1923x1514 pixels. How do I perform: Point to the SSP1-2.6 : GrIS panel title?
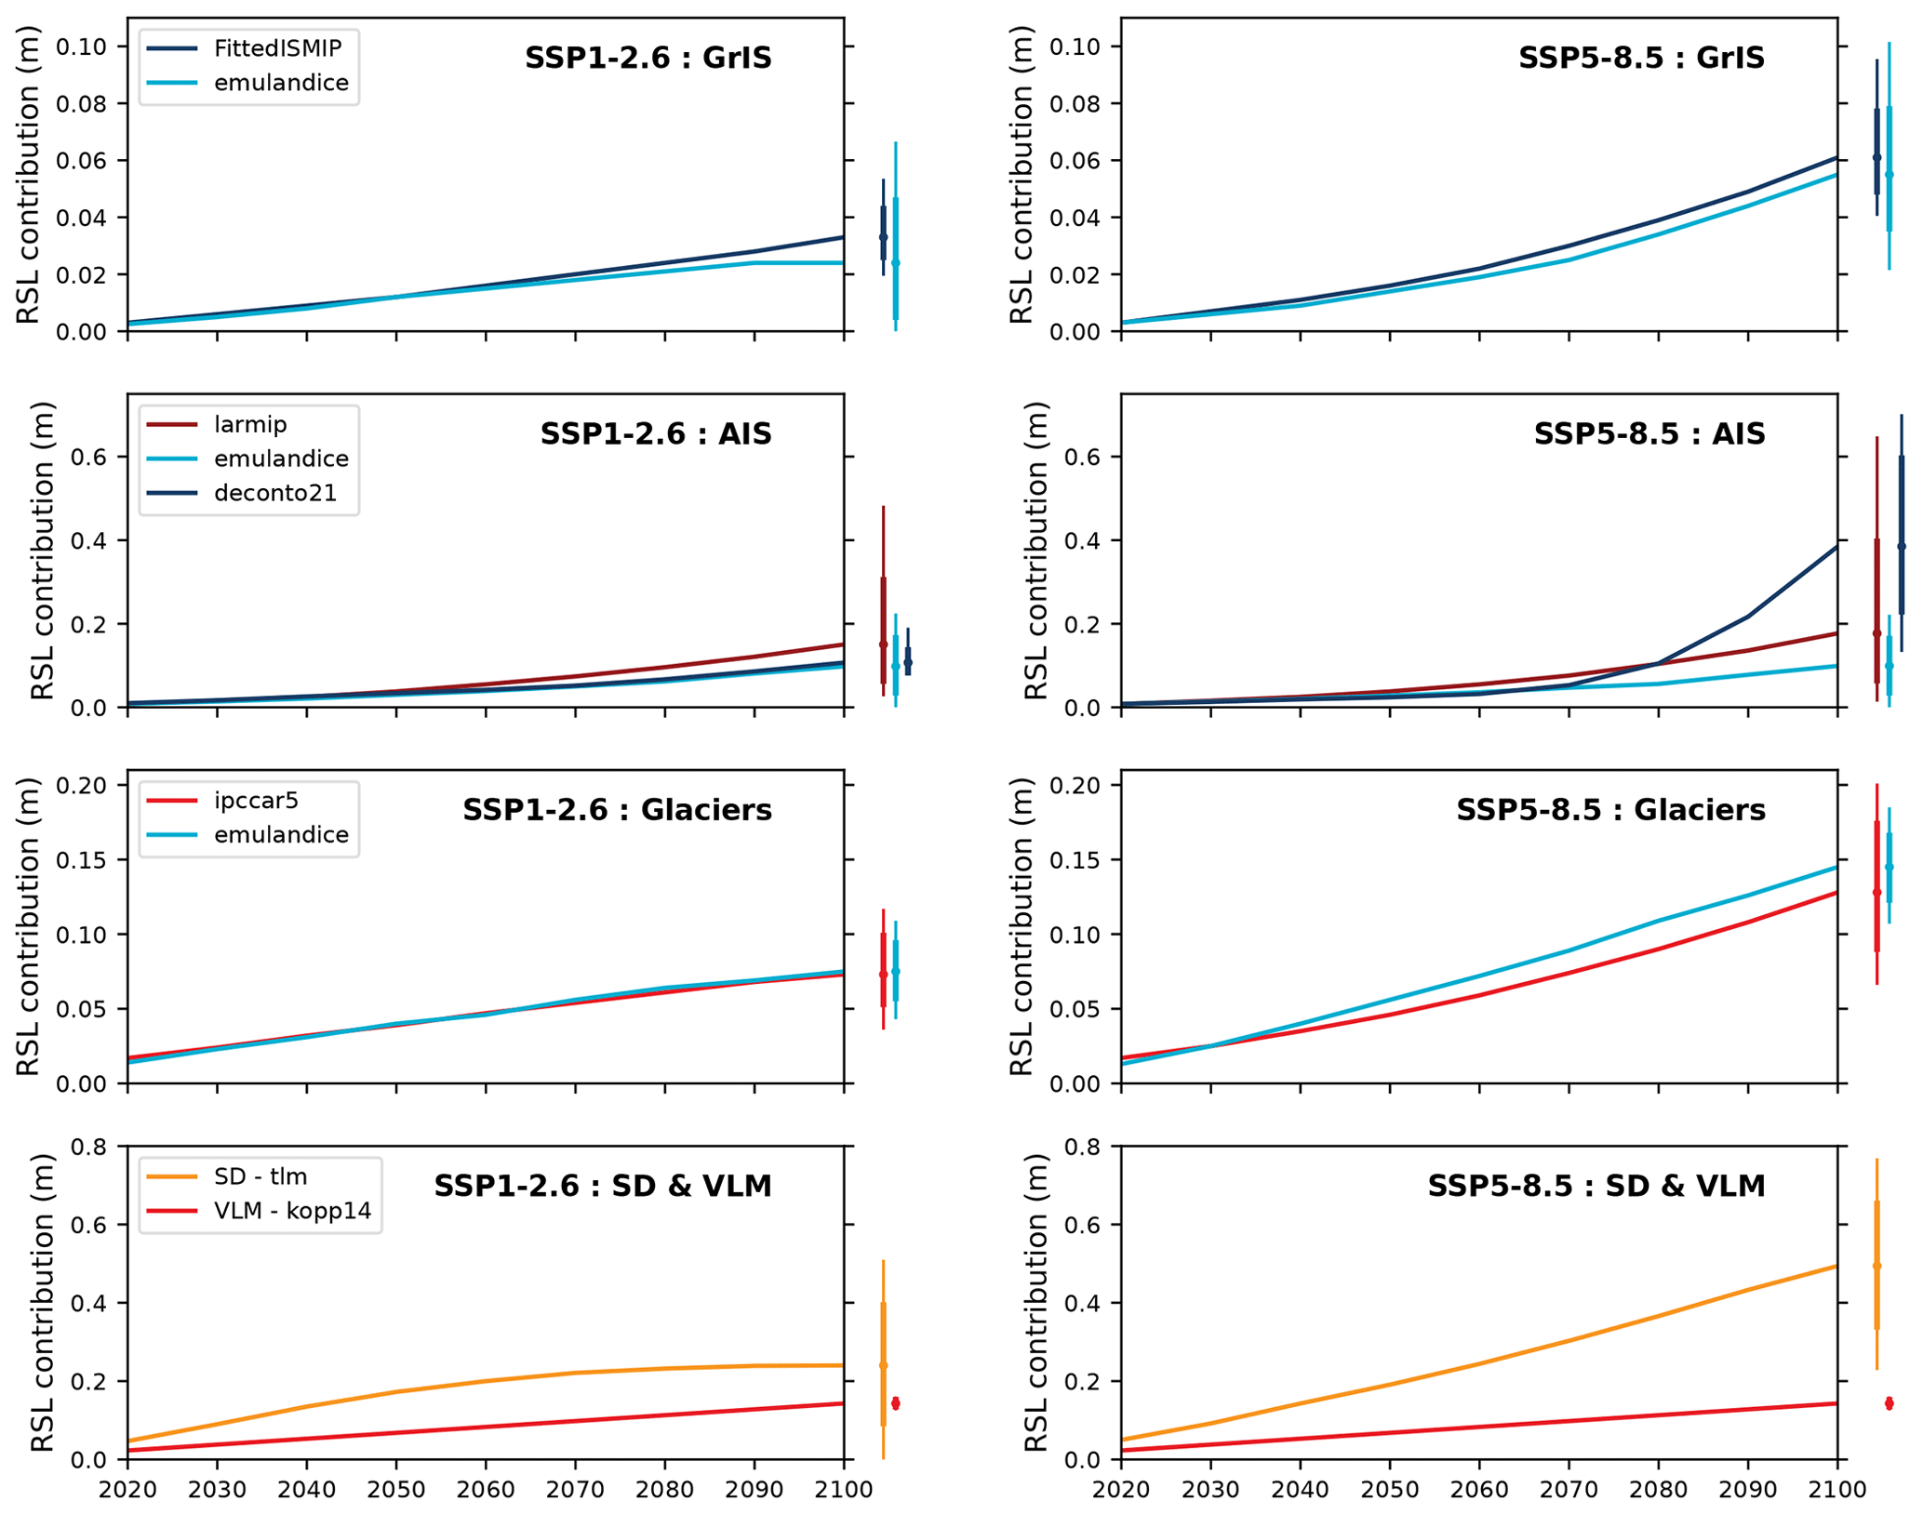point(648,58)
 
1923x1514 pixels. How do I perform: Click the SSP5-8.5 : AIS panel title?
point(1649,434)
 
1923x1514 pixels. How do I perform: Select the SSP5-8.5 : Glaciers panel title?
point(1610,810)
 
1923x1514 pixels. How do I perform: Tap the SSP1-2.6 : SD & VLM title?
point(603,1187)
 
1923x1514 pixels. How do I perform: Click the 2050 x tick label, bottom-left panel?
point(396,1490)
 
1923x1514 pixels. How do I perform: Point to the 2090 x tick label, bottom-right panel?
point(1747,1490)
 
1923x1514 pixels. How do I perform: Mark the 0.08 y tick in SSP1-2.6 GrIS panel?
point(82,103)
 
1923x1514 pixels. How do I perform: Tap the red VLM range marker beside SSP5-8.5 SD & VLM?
point(1889,1403)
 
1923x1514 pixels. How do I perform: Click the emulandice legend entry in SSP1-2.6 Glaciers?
point(281,835)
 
